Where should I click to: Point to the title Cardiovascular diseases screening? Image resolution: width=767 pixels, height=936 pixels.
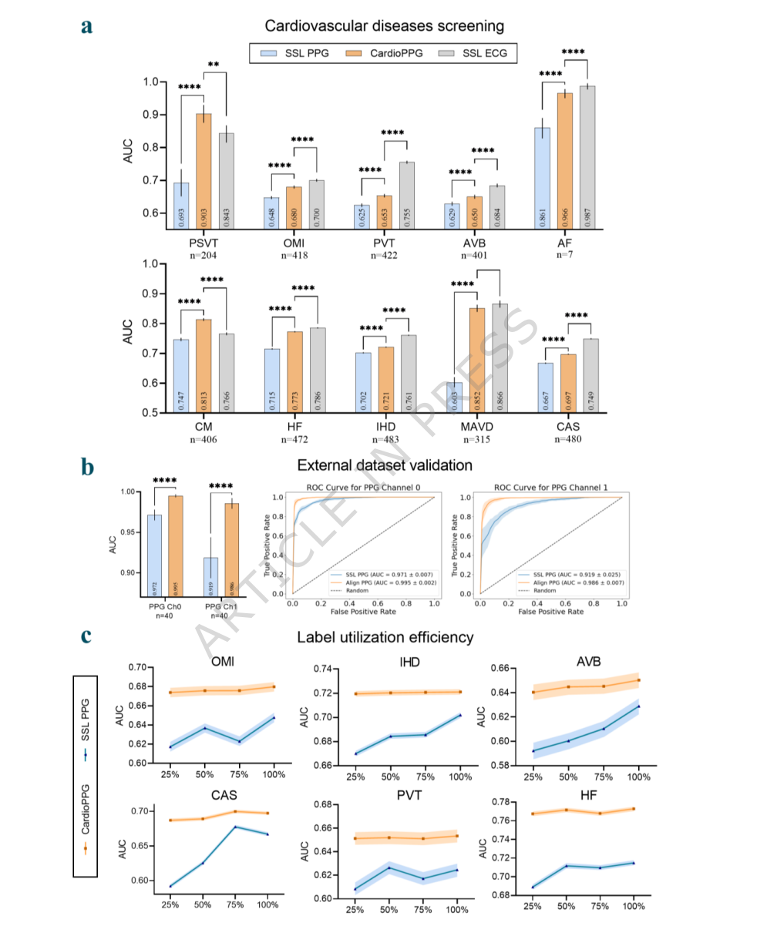pyautogui.click(x=384, y=25)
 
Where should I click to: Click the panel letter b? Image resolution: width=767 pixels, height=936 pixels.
pyautogui.click(x=88, y=468)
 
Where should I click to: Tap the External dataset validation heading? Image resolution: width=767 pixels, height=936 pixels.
pyautogui.click(x=384, y=465)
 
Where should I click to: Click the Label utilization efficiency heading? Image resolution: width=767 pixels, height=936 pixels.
pyautogui.click(x=385, y=637)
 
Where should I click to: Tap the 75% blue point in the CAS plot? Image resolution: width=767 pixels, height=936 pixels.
pyautogui.click(x=235, y=827)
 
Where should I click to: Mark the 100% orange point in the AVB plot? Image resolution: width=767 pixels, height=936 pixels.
pyautogui.click(x=638, y=680)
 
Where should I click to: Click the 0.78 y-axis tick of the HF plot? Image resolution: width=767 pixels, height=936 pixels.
pyautogui.click(x=506, y=802)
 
